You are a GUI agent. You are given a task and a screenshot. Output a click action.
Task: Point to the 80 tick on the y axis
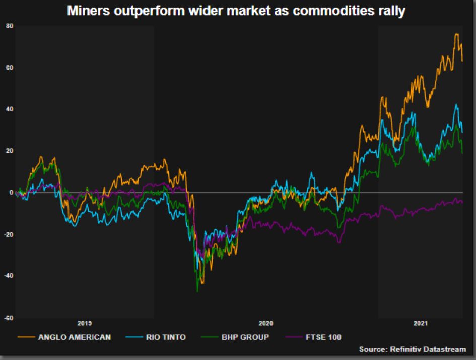coord(9,25)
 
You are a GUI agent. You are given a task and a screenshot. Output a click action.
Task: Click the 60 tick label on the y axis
coord(9,67)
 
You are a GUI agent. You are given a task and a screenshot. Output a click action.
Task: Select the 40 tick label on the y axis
coord(9,109)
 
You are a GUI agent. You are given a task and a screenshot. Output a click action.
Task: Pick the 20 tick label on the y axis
coord(9,151)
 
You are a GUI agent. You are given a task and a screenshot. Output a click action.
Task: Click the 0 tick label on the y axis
coord(11,193)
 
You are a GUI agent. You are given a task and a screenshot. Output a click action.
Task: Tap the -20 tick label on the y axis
coord(9,234)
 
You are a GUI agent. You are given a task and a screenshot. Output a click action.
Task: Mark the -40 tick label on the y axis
coord(9,276)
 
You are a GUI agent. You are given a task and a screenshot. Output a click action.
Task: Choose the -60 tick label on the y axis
coord(9,318)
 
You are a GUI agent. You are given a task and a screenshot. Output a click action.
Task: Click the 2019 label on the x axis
coord(84,323)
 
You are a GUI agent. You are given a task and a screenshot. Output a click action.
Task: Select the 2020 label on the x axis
coord(265,323)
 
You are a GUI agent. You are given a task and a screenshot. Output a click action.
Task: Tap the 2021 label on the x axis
coord(420,323)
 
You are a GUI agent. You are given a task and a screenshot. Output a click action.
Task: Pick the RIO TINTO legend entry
coord(164,336)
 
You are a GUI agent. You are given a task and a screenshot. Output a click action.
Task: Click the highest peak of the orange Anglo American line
coord(456,34)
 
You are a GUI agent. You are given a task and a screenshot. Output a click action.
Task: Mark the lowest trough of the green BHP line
coord(197,291)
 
